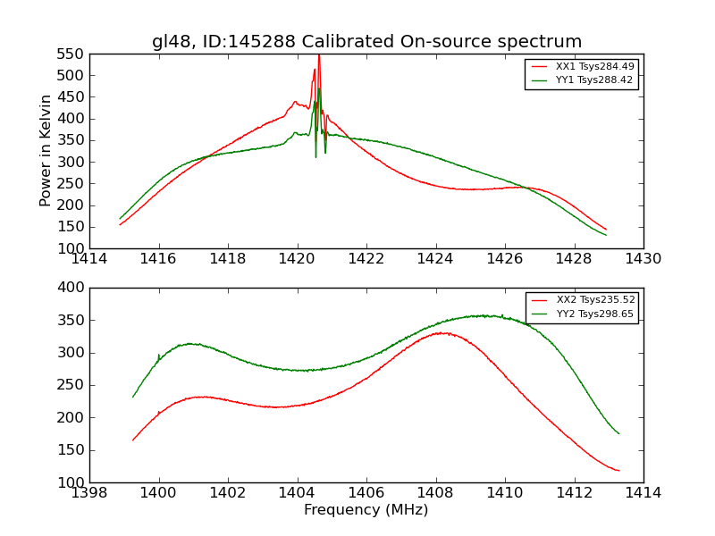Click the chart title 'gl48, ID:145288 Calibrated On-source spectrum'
(366, 42)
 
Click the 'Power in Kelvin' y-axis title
(46, 151)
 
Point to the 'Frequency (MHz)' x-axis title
(366, 510)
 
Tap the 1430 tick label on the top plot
(643, 259)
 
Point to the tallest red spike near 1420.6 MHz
(318, 56)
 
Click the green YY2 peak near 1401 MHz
(189, 343)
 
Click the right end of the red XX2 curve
(618, 470)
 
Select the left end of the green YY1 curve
(120, 219)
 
